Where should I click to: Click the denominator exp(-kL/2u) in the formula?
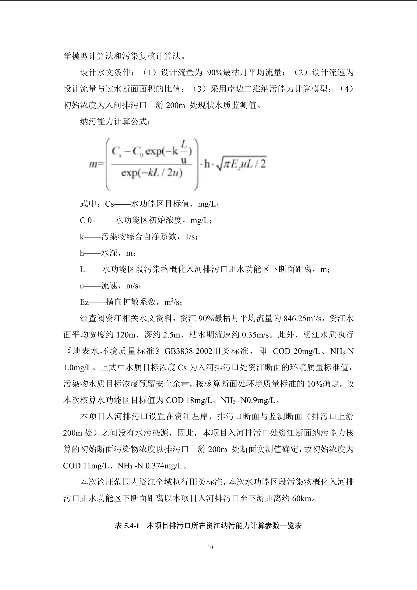[152, 174]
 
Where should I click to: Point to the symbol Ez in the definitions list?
[84, 302]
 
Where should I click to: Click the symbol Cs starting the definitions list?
[109, 204]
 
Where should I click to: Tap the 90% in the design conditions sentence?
[214, 73]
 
